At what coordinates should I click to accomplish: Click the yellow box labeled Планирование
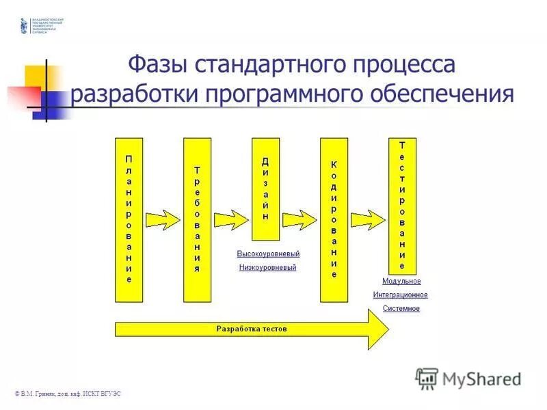pos(129,219)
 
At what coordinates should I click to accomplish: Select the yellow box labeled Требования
pos(197,219)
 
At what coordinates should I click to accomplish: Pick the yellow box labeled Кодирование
pos(334,219)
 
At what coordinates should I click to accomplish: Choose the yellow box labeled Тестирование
pos(402,206)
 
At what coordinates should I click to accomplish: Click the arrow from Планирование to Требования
pos(163,219)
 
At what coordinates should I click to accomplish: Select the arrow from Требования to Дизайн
pos(231,219)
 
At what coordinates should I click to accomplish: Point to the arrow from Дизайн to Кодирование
pos(299,219)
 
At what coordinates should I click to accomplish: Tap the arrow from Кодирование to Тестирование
pos(368,219)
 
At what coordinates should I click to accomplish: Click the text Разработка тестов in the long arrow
pos(252,329)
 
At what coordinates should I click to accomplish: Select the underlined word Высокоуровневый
pos(268,254)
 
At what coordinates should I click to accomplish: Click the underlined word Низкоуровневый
pos(268,268)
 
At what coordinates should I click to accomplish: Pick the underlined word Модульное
pos(401,282)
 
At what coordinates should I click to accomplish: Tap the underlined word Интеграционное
pos(400,295)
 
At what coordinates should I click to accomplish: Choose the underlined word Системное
pos(401,309)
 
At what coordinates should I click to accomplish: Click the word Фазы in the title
pos(159,67)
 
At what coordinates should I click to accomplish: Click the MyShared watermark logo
pos(468,378)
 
